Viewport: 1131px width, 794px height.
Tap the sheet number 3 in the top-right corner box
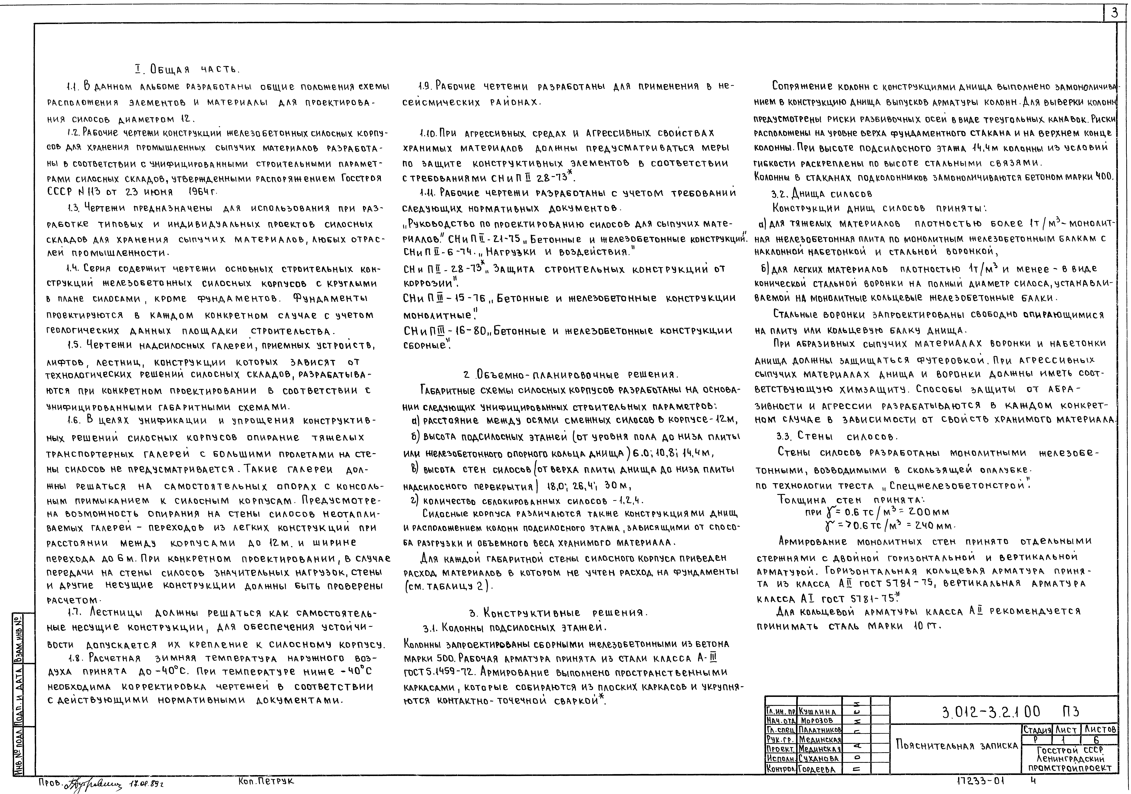[1114, 14]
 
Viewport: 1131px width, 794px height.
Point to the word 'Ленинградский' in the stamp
[1069, 759]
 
